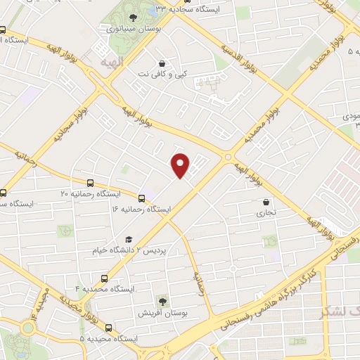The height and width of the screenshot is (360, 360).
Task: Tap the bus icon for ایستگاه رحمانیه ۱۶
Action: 142,199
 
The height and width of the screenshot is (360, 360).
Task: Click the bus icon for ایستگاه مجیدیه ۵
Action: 108,327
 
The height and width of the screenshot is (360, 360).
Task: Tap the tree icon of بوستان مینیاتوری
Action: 133,18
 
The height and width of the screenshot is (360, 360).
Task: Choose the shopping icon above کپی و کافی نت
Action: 163,63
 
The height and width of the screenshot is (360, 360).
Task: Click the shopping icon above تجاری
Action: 265,201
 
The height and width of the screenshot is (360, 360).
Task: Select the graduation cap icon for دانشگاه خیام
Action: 127,240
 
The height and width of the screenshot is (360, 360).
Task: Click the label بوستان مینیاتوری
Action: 133,29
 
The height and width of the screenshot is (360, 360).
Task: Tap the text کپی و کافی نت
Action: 163,73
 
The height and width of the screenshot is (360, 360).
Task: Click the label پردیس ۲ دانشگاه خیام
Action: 127,250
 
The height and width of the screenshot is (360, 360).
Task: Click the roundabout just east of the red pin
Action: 228,156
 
